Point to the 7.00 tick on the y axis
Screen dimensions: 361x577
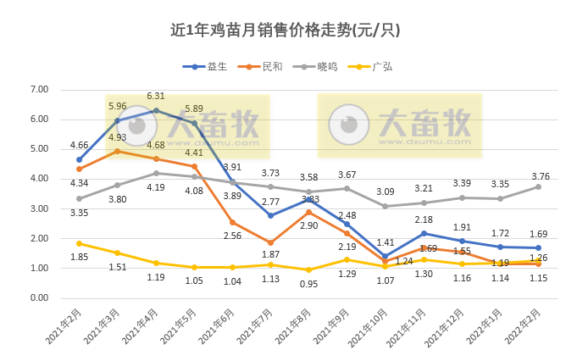click(39, 90)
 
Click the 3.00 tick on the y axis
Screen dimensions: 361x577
click(39, 209)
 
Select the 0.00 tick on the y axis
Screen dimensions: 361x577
click(39, 298)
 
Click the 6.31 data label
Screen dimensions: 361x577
click(156, 97)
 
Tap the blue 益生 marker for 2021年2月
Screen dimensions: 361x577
click(79, 159)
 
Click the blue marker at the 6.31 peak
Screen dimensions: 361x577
click(156, 110)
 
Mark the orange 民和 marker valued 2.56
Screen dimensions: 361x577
click(232, 223)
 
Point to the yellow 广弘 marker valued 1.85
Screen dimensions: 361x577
click(79, 243)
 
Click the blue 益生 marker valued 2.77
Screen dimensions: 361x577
click(270, 215)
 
